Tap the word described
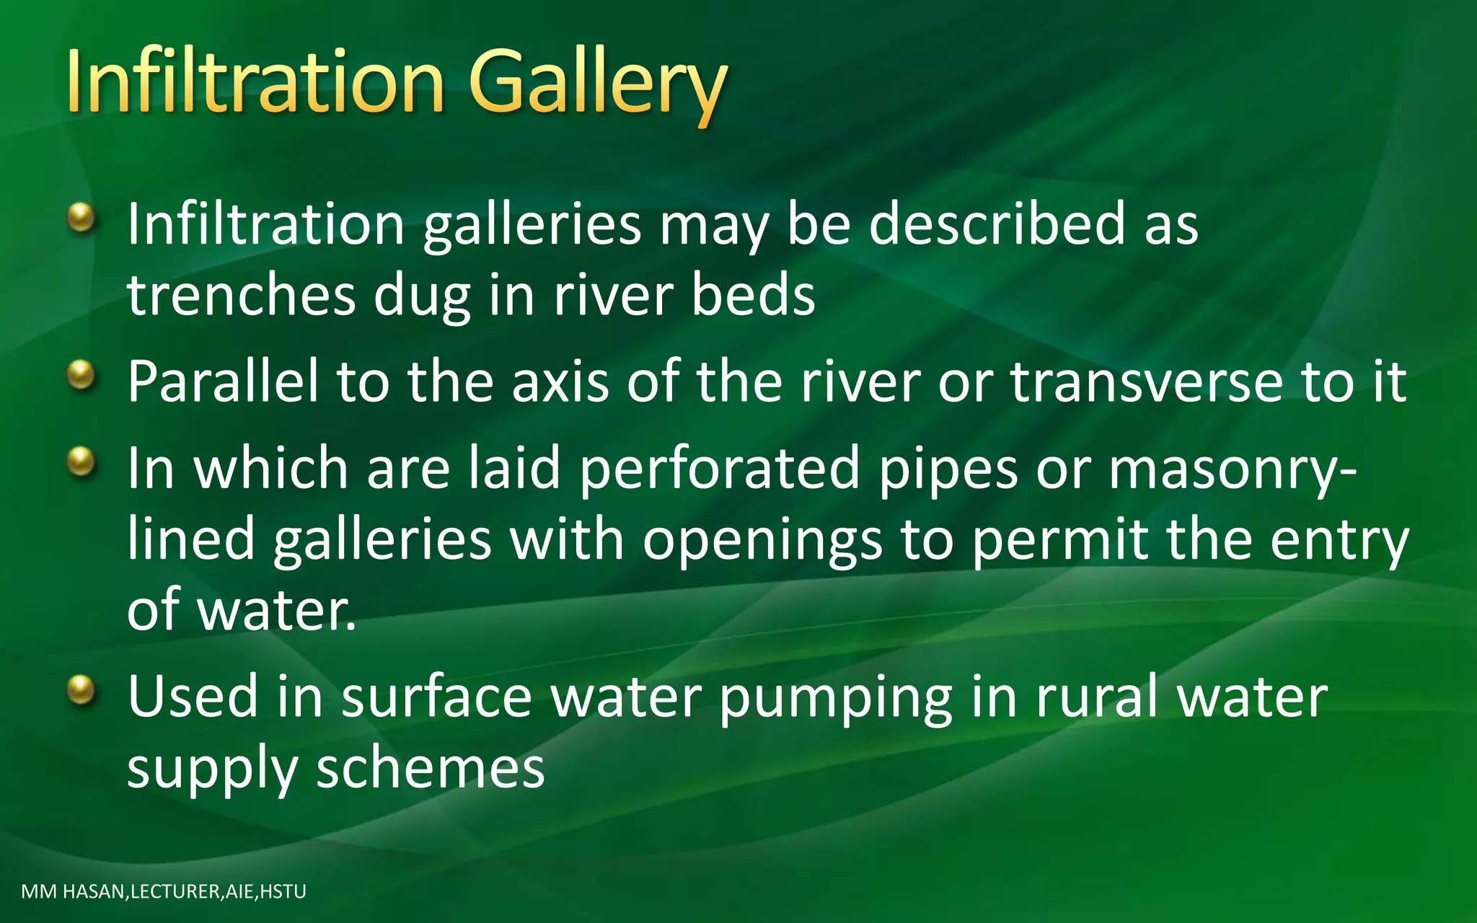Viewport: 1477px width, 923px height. click(997, 224)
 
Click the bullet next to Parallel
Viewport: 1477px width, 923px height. click(81, 376)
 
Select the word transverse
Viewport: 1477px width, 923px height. click(1147, 381)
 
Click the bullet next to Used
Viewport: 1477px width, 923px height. click(81, 690)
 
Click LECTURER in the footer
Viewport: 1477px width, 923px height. click(175, 892)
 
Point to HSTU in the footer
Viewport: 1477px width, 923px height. click(283, 892)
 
